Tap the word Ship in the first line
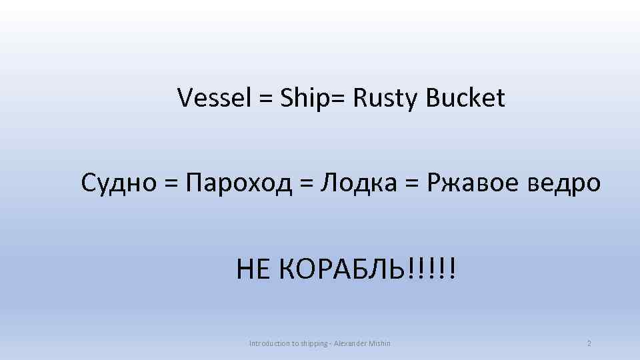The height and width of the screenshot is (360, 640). point(304,99)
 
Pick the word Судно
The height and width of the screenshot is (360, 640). point(117,181)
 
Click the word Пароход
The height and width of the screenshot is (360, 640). point(239,181)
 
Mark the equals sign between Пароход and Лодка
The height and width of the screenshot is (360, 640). point(307,182)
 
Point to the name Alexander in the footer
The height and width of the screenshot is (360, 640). point(356,343)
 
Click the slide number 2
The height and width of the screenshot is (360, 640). point(589,343)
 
